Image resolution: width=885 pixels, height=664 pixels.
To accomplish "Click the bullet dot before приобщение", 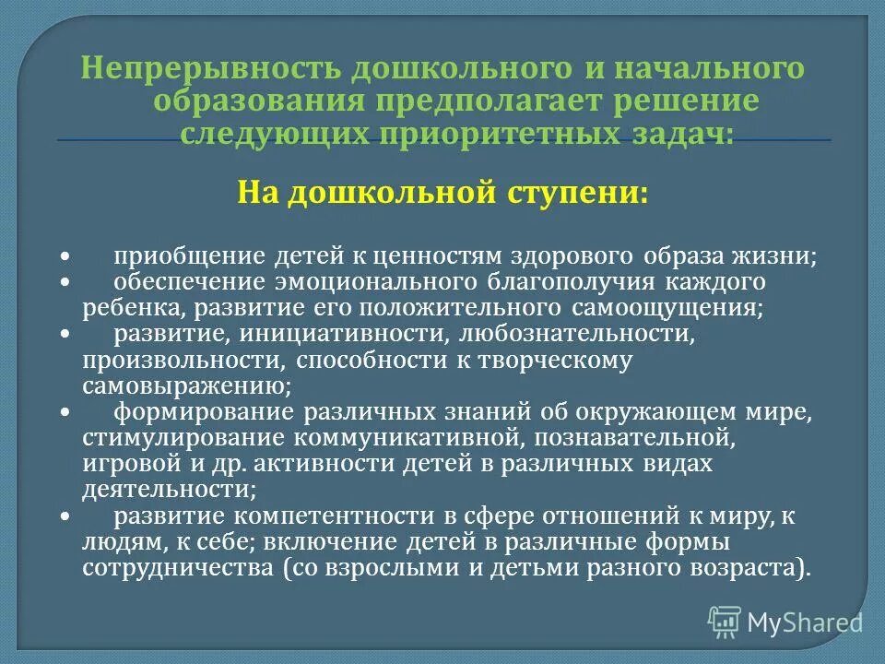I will click(x=65, y=255).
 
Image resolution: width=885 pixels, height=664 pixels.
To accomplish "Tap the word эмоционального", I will click(x=378, y=281).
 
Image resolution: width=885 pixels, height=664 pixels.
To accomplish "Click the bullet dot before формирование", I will click(x=65, y=411).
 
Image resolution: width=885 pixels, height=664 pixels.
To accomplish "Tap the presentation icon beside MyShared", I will click(x=725, y=622).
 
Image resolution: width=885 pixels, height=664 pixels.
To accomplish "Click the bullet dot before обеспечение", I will click(x=65, y=281).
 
